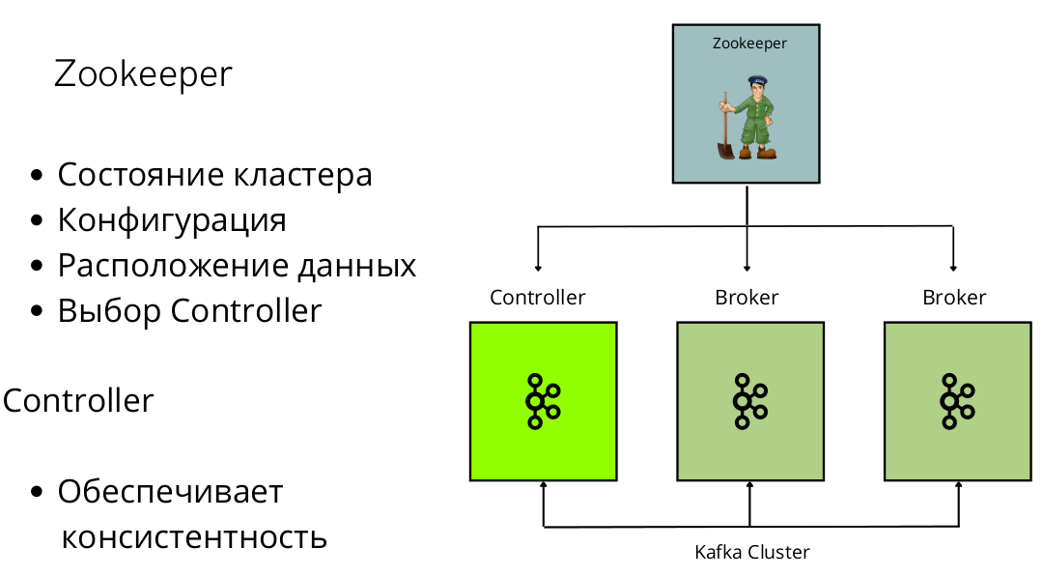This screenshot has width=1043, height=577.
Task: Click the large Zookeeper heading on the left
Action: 143,74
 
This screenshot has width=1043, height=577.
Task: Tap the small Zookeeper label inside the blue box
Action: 749,43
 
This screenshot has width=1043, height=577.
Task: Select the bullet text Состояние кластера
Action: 214,175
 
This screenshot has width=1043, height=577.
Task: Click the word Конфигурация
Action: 172,220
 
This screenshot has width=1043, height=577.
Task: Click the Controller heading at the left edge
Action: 77,400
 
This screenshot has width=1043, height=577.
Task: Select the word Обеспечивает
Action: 170,491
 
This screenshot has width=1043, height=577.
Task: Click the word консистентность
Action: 194,536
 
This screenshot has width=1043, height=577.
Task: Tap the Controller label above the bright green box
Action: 538,298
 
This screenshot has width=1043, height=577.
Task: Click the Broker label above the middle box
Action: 747,298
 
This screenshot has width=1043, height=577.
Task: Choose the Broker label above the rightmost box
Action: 954,298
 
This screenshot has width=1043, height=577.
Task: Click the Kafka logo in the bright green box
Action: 542,400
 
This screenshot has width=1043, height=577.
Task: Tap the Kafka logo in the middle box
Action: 749,400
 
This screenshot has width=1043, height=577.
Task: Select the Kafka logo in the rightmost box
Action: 957,400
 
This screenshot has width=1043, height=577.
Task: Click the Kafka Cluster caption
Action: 752,553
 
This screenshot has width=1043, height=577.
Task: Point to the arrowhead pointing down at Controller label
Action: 538,267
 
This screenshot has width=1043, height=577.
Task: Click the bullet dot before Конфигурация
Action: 37,220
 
